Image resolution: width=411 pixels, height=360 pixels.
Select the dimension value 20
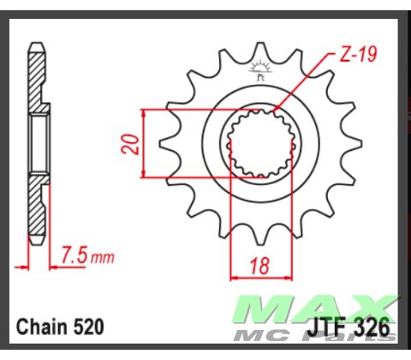(x=128, y=144)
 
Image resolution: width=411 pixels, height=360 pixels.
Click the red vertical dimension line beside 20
(x=142, y=144)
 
